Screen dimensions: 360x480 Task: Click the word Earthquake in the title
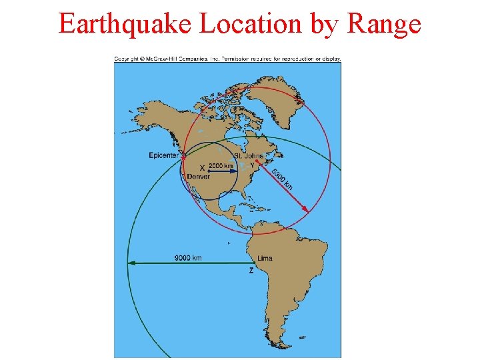point(126,24)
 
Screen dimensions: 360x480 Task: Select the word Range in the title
point(385,24)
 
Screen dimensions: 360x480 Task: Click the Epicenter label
point(163,155)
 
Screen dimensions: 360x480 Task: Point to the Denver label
point(198,177)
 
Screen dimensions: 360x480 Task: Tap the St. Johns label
point(249,156)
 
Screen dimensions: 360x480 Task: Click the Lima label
point(264,258)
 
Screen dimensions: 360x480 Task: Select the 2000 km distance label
point(221,165)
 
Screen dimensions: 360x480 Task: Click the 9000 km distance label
point(188,257)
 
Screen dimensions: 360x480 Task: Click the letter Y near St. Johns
point(252,164)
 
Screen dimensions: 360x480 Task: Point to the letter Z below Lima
point(251,271)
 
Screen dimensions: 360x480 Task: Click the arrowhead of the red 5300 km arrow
point(306,210)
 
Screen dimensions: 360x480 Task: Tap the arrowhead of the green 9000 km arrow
point(131,263)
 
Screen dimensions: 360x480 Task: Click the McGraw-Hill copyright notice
point(227,59)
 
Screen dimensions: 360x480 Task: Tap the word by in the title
point(325,25)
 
